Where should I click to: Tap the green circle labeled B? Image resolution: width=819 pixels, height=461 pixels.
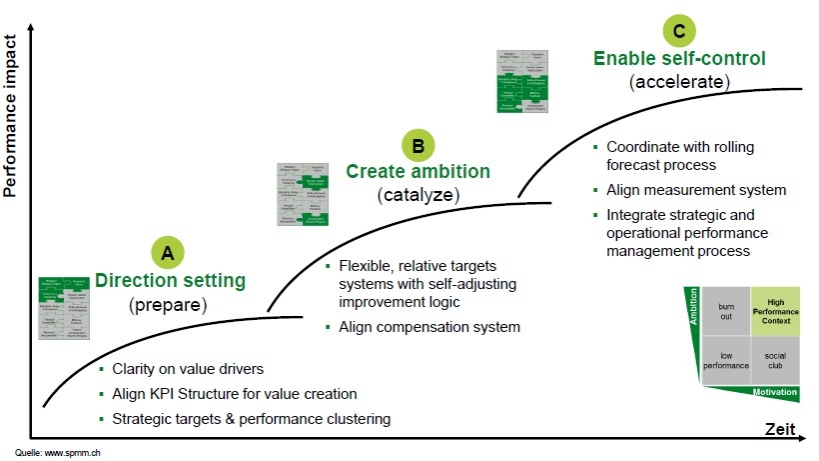pos(418,145)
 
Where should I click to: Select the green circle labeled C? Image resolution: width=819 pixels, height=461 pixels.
pos(679,31)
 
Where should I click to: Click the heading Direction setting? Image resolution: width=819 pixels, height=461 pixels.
pos(169,280)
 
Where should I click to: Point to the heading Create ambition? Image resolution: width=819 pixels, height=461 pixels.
pos(418,171)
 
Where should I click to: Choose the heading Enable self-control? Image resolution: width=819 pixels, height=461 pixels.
pos(679,58)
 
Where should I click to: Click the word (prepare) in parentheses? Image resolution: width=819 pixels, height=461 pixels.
pos(169,304)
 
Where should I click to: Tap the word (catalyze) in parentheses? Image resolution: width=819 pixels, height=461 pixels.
pos(418,195)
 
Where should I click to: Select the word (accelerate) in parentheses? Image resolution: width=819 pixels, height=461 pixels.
pos(679,82)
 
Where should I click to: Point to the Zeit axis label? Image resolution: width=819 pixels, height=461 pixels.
pos(780,430)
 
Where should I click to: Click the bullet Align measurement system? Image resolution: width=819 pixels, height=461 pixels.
pos(695,190)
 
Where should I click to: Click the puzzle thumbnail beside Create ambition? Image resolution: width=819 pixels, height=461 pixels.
pos(305,193)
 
